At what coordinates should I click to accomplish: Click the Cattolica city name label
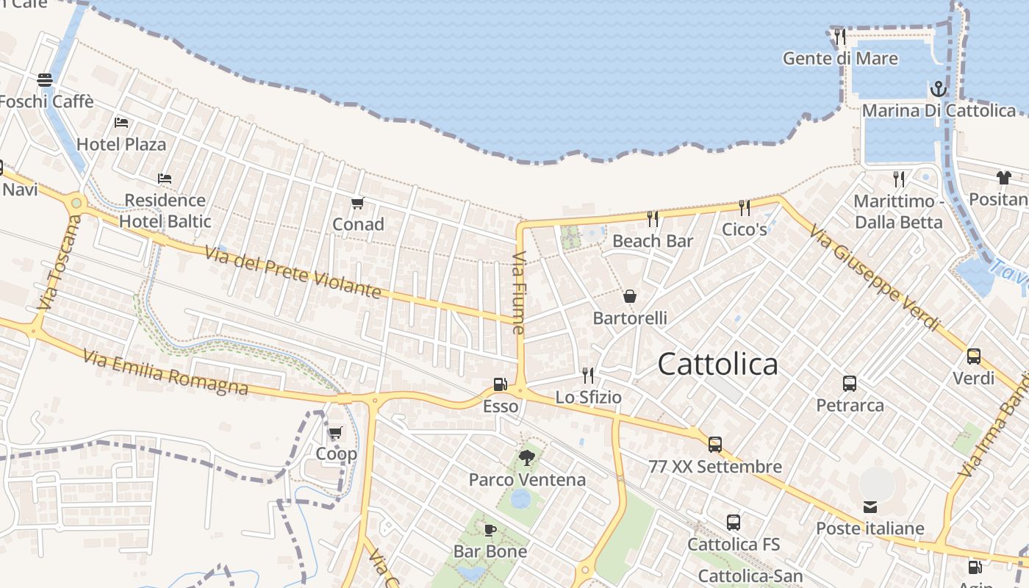click(x=717, y=364)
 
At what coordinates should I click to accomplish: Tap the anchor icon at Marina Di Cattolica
click(x=938, y=90)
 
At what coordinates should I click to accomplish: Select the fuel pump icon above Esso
click(x=500, y=384)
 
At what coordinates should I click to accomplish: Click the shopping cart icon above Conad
click(x=358, y=203)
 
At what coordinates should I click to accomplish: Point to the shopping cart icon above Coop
click(x=336, y=433)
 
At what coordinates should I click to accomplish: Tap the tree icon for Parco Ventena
click(x=526, y=459)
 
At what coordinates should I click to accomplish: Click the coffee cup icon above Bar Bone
click(x=490, y=530)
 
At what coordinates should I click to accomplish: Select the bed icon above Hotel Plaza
click(x=121, y=123)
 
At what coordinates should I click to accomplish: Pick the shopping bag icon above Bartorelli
click(x=630, y=296)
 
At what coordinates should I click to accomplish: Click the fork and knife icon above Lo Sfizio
click(x=588, y=376)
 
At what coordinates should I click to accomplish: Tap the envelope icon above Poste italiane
click(x=870, y=506)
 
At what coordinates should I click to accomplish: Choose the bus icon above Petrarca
click(x=850, y=383)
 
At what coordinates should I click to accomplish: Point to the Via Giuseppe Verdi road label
click(x=875, y=278)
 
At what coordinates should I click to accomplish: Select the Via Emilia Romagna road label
click(x=165, y=372)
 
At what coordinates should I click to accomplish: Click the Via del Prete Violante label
click(x=293, y=272)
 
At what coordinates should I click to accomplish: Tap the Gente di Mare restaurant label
click(x=840, y=58)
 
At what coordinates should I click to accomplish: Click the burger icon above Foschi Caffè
click(x=45, y=79)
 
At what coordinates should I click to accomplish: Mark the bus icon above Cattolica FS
click(x=734, y=523)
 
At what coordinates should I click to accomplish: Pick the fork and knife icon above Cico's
click(x=745, y=208)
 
